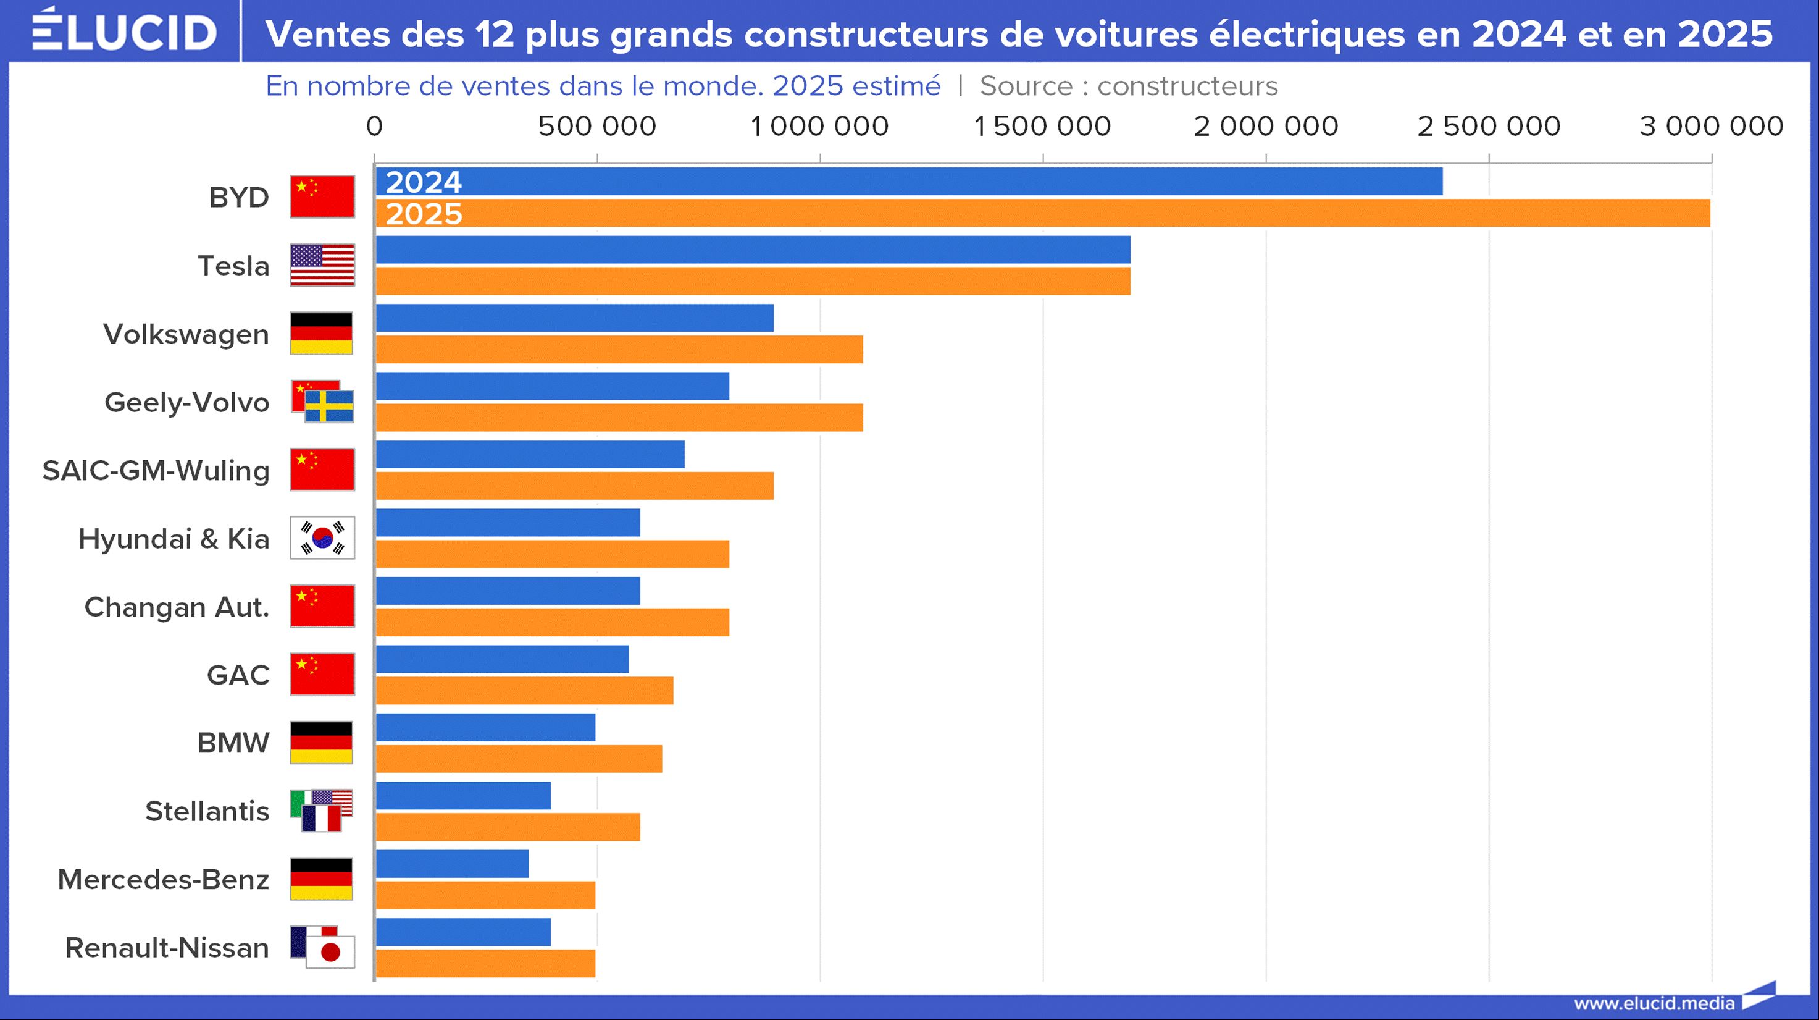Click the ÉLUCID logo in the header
(124, 31)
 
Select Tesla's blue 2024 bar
(753, 250)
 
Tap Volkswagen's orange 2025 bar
(619, 350)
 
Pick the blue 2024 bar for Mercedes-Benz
(452, 864)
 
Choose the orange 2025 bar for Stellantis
(508, 827)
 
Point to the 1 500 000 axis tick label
(1042, 127)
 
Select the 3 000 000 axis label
(1711, 127)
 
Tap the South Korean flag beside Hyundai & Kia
(322, 538)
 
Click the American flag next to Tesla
(322, 265)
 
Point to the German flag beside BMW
(321, 743)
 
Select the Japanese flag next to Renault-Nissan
(330, 952)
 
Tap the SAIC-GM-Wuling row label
(156, 470)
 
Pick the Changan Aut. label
(177, 607)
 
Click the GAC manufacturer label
(238, 675)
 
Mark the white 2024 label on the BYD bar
(424, 182)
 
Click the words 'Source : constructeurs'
(1129, 86)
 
